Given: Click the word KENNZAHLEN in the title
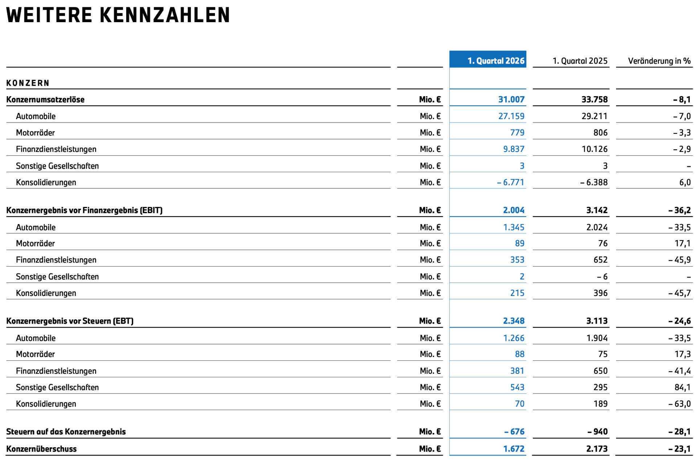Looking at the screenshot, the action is [164, 15].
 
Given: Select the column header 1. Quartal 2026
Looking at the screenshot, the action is [496, 61].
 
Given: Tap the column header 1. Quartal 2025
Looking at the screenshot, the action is [580, 61].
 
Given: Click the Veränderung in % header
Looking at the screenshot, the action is [659, 61].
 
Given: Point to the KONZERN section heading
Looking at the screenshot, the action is [28, 83].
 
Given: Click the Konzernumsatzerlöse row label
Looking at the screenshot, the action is [45, 100].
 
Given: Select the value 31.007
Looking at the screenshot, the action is [511, 100].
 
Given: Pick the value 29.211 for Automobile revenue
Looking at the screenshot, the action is [595, 116].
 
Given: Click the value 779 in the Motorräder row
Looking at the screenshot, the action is [517, 133].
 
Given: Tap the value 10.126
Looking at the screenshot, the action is [595, 149].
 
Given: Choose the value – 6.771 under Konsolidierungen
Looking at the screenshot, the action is [510, 182].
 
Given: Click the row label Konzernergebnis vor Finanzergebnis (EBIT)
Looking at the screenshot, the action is [84, 210].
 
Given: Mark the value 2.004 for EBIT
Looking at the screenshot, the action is [514, 210].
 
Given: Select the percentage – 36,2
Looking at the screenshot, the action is [679, 210].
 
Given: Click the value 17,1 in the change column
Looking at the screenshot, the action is [682, 243].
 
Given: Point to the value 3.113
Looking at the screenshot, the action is [597, 321].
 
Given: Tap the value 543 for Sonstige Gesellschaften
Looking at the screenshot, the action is [517, 387].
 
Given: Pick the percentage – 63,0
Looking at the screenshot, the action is [679, 404].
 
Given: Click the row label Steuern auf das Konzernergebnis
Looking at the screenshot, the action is [66, 432].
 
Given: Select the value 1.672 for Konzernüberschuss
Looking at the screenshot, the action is [514, 449].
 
